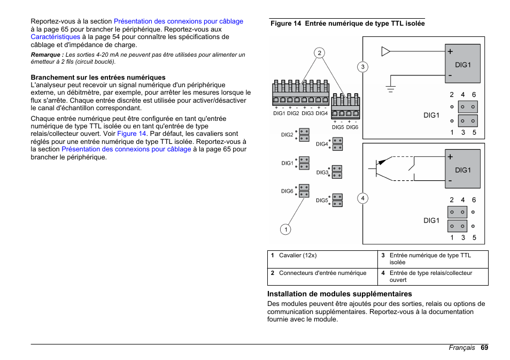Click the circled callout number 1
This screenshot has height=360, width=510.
(x=285, y=229)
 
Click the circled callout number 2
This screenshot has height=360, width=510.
(x=319, y=52)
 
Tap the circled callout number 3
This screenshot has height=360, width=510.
(x=362, y=67)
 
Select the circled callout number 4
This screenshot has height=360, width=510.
(x=362, y=198)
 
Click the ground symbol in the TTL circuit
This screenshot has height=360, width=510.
(x=391, y=88)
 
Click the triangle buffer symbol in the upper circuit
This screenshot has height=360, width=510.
(x=385, y=52)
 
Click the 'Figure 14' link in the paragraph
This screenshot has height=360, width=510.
(x=132, y=134)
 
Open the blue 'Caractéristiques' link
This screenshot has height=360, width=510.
(x=56, y=37)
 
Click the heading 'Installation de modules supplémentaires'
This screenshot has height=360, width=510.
(x=339, y=294)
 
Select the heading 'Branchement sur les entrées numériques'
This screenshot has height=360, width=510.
(x=98, y=77)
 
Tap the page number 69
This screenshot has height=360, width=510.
(x=484, y=348)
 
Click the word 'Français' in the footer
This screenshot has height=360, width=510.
(x=461, y=348)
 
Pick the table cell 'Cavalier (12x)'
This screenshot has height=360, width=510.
(x=298, y=256)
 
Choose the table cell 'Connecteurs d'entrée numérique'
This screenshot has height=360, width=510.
(x=322, y=273)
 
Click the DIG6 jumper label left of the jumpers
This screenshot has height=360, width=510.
(x=287, y=191)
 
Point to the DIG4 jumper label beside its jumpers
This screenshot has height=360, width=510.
(x=321, y=144)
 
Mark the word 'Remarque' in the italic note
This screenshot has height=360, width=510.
(x=47, y=55)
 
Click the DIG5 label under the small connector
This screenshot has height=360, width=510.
(x=338, y=127)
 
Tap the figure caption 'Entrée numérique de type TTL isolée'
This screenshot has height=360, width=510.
(x=365, y=24)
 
